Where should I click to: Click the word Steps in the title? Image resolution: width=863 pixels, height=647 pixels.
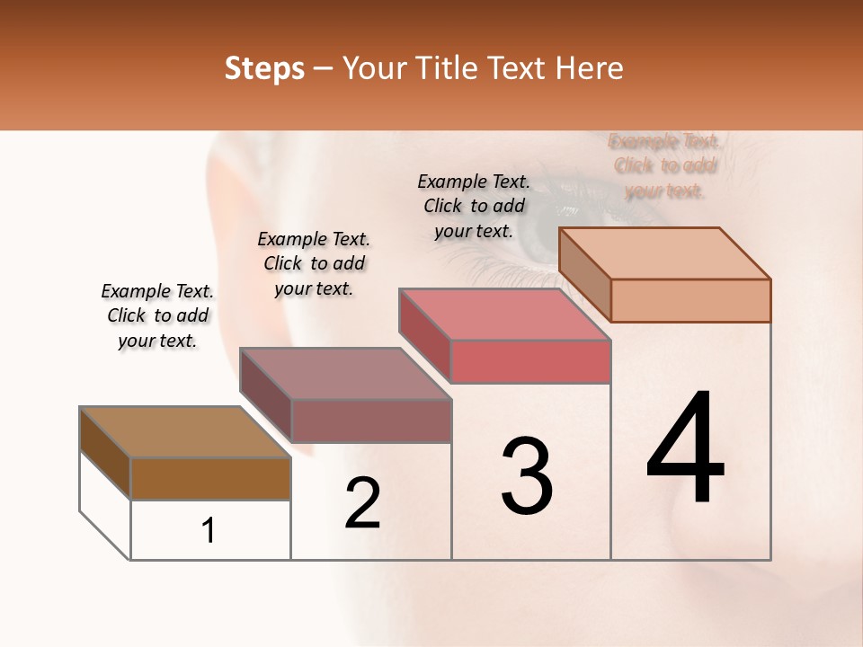click(x=264, y=68)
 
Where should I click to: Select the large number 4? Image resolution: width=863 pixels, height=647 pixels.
click(x=685, y=449)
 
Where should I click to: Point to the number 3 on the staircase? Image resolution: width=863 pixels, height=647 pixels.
click(x=526, y=476)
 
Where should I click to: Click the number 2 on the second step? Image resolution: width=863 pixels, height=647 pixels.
click(x=362, y=503)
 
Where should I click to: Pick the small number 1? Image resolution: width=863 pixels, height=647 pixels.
click(x=209, y=531)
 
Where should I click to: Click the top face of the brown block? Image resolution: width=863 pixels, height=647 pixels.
click(x=185, y=432)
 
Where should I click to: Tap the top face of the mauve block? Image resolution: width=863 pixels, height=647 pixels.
click(x=345, y=374)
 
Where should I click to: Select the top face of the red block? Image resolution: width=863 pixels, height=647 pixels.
click(x=505, y=315)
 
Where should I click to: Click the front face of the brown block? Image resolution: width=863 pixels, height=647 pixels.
click(x=210, y=479)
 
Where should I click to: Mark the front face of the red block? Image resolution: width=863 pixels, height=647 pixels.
click(x=530, y=361)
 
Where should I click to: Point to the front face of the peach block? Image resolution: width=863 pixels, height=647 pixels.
click(x=690, y=300)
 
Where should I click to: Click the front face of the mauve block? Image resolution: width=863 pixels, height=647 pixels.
click(x=370, y=421)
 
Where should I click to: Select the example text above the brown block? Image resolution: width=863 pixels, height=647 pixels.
click(x=157, y=315)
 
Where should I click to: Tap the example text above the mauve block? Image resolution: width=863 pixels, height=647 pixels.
click(x=314, y=263)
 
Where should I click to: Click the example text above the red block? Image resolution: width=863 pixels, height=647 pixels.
click(x=474, y=206)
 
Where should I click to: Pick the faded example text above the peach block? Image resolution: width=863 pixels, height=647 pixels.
click(x=664, y=165)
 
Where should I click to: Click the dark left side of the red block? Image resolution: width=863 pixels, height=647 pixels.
click(x=424, y=336)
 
